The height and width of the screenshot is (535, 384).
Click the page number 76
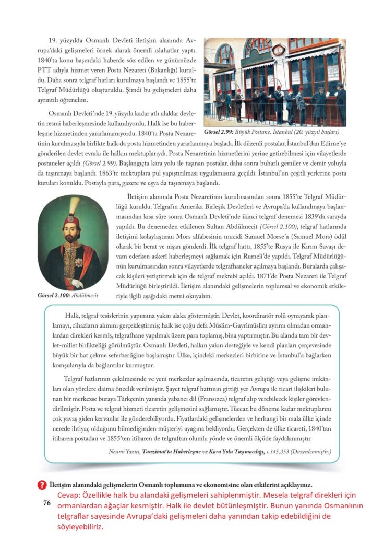point(44,503)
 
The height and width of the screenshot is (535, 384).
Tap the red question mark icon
point(43,484)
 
